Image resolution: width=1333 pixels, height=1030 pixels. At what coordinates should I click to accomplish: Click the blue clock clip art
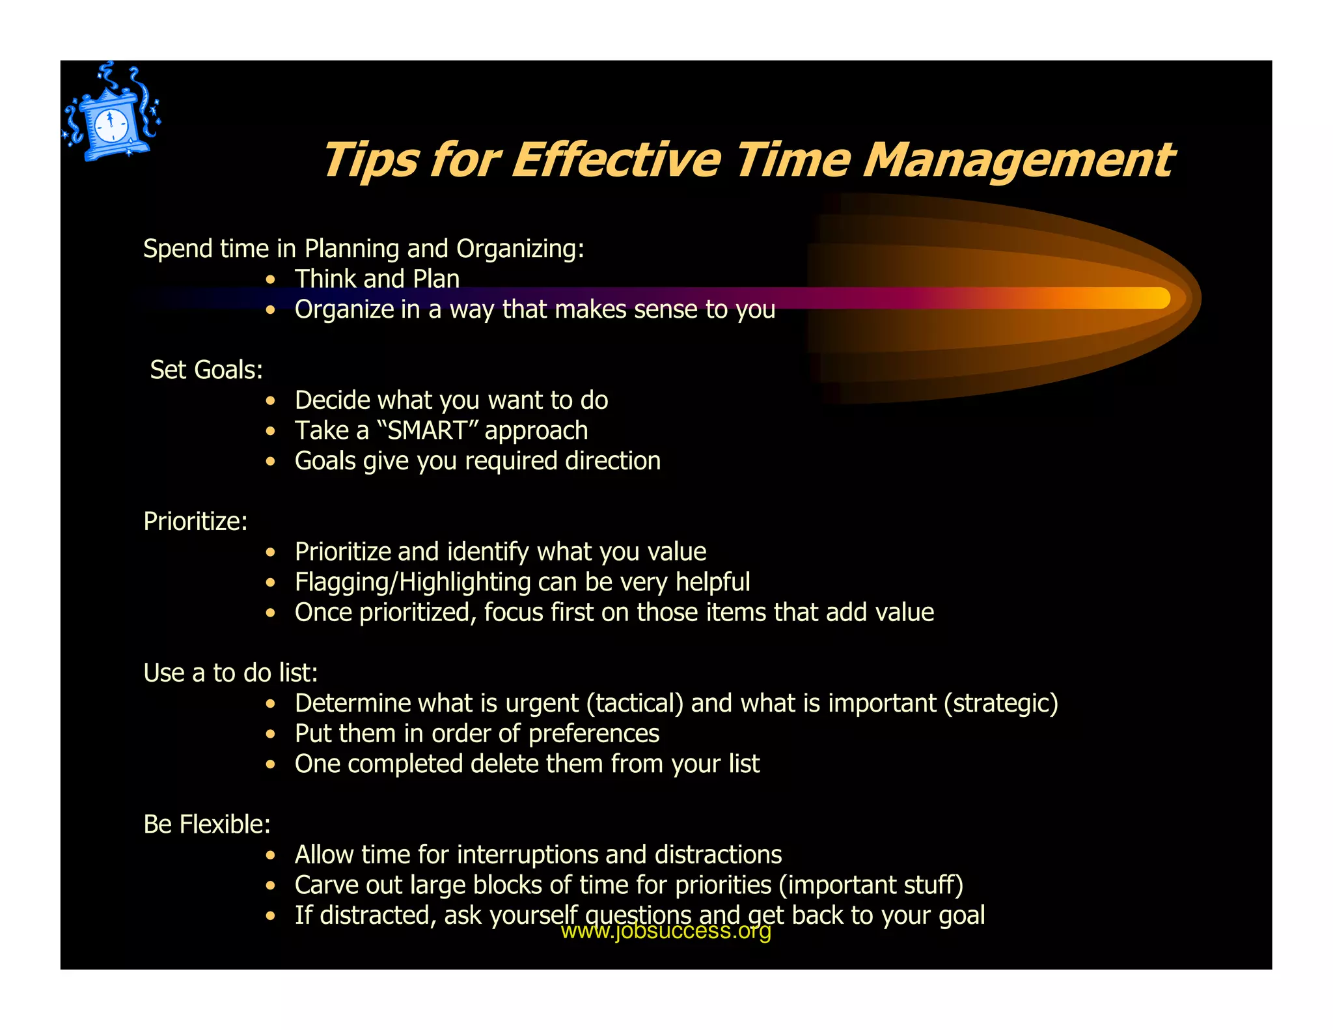click(111, 115)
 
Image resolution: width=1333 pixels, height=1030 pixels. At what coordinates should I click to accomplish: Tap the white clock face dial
click(111, 124)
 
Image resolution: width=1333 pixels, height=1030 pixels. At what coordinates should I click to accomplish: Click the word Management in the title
click(1019, 161)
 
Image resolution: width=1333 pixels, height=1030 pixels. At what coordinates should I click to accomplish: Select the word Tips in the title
click(370, 161)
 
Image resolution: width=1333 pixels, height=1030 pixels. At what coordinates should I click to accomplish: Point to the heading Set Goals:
click(206, 370)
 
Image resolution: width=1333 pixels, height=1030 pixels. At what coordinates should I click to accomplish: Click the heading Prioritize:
click(195, 522)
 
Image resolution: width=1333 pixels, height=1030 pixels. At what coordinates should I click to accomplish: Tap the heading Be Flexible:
click(206, 824)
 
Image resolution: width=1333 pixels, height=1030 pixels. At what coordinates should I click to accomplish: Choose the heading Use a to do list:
click(230, 673)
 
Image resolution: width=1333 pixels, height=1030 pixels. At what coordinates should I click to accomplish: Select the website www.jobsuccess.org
click(665, 931)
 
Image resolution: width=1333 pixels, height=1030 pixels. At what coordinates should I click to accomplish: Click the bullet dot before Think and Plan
click(271, 280)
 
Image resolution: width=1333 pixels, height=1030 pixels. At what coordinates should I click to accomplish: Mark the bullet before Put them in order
click(271, 734)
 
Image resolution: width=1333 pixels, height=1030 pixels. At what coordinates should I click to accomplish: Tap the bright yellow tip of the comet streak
click(1159, 298)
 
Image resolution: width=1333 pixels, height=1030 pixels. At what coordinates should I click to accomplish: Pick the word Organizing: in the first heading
click(520, 249)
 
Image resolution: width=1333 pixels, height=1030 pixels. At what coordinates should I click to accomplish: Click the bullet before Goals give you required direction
click(271, 462)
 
